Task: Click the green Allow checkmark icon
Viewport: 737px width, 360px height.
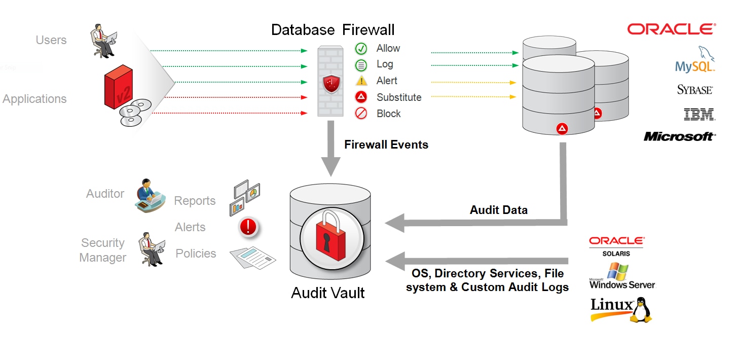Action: click(x=361, y=49)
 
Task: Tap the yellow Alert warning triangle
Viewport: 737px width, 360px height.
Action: click(x=361, y=81)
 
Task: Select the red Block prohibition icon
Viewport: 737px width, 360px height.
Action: click(x=361, y=114)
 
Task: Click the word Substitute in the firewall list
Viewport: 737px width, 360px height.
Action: click(x=399, y=97)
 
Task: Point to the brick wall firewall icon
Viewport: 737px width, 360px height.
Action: click(x=331, y=81)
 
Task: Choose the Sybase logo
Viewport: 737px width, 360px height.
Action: click(x=695, y=90)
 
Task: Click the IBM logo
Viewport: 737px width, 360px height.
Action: click(x=699, y=114)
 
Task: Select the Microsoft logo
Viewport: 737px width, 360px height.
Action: click(x=679, y=136)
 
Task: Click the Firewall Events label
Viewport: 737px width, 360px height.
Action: click(x=386, y=145)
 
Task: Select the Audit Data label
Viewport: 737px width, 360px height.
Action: click(x=499, y=210)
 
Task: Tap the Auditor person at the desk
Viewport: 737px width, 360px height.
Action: click(x=150, y=195)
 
